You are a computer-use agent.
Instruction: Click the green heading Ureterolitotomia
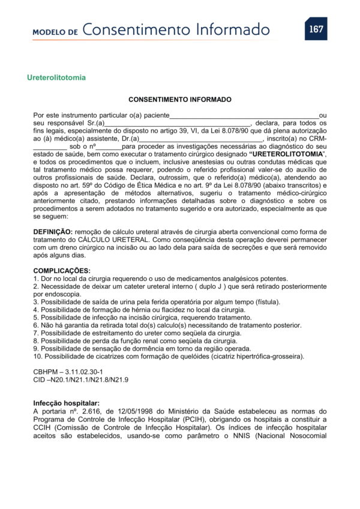point(56,77)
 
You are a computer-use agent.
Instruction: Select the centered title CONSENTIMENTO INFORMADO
point(180,100)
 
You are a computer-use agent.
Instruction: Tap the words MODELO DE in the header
point(56,32)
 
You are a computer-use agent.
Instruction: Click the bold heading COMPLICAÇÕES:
point(62,271)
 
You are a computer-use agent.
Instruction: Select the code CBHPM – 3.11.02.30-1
point(64,372)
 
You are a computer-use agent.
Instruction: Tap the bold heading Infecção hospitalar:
point(67,403)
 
